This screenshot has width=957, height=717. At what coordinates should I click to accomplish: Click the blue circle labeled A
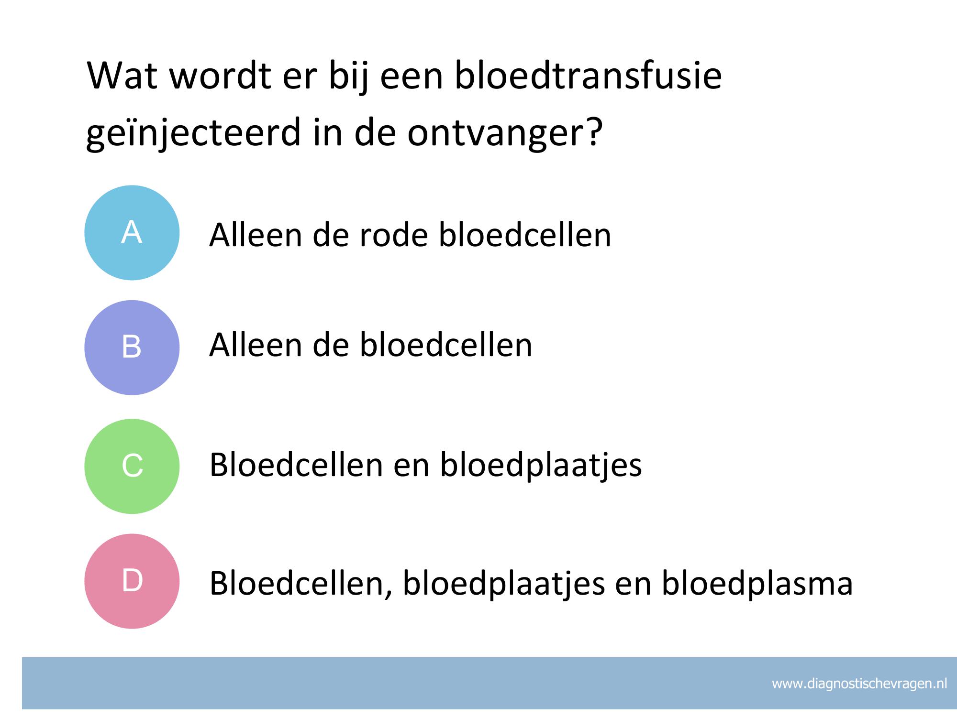tap(132, 233)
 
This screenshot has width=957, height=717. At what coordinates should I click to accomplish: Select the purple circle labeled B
tap(132, 348)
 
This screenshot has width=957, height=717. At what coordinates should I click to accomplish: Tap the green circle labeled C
tap(132, 466)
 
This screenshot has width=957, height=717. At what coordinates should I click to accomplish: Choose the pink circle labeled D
tap(132, 581)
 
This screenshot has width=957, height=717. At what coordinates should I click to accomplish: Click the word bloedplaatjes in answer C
tap(541, 465)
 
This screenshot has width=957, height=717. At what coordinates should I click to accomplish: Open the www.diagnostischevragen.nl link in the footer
tap(859, 684)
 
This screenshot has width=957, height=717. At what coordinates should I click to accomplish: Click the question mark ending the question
tap(593, 131)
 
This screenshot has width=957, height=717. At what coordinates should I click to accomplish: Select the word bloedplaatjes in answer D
tap(504, 584)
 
